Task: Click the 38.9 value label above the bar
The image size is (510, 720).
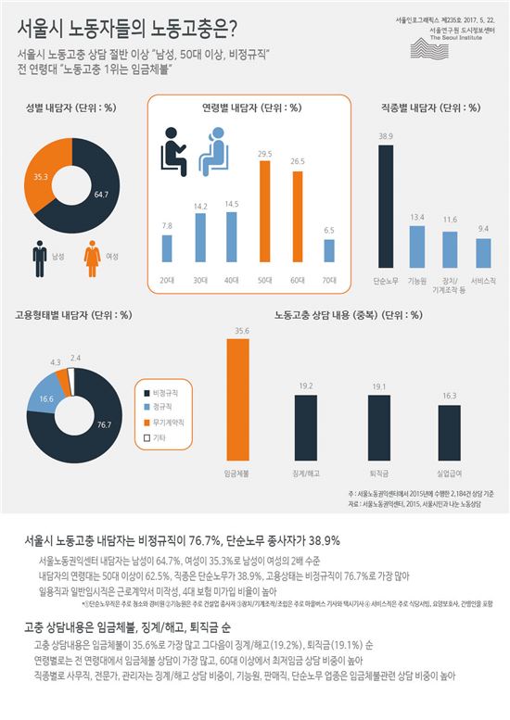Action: (x=386, y=135)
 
